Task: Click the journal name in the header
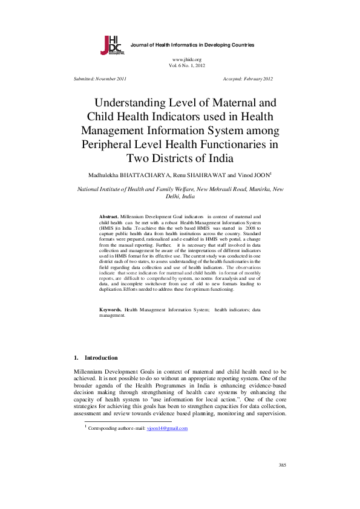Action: click(192, 45)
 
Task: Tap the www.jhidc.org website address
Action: click(187, 59)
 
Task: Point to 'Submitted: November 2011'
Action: click(100, 79)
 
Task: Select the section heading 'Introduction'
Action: click(101, 358)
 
